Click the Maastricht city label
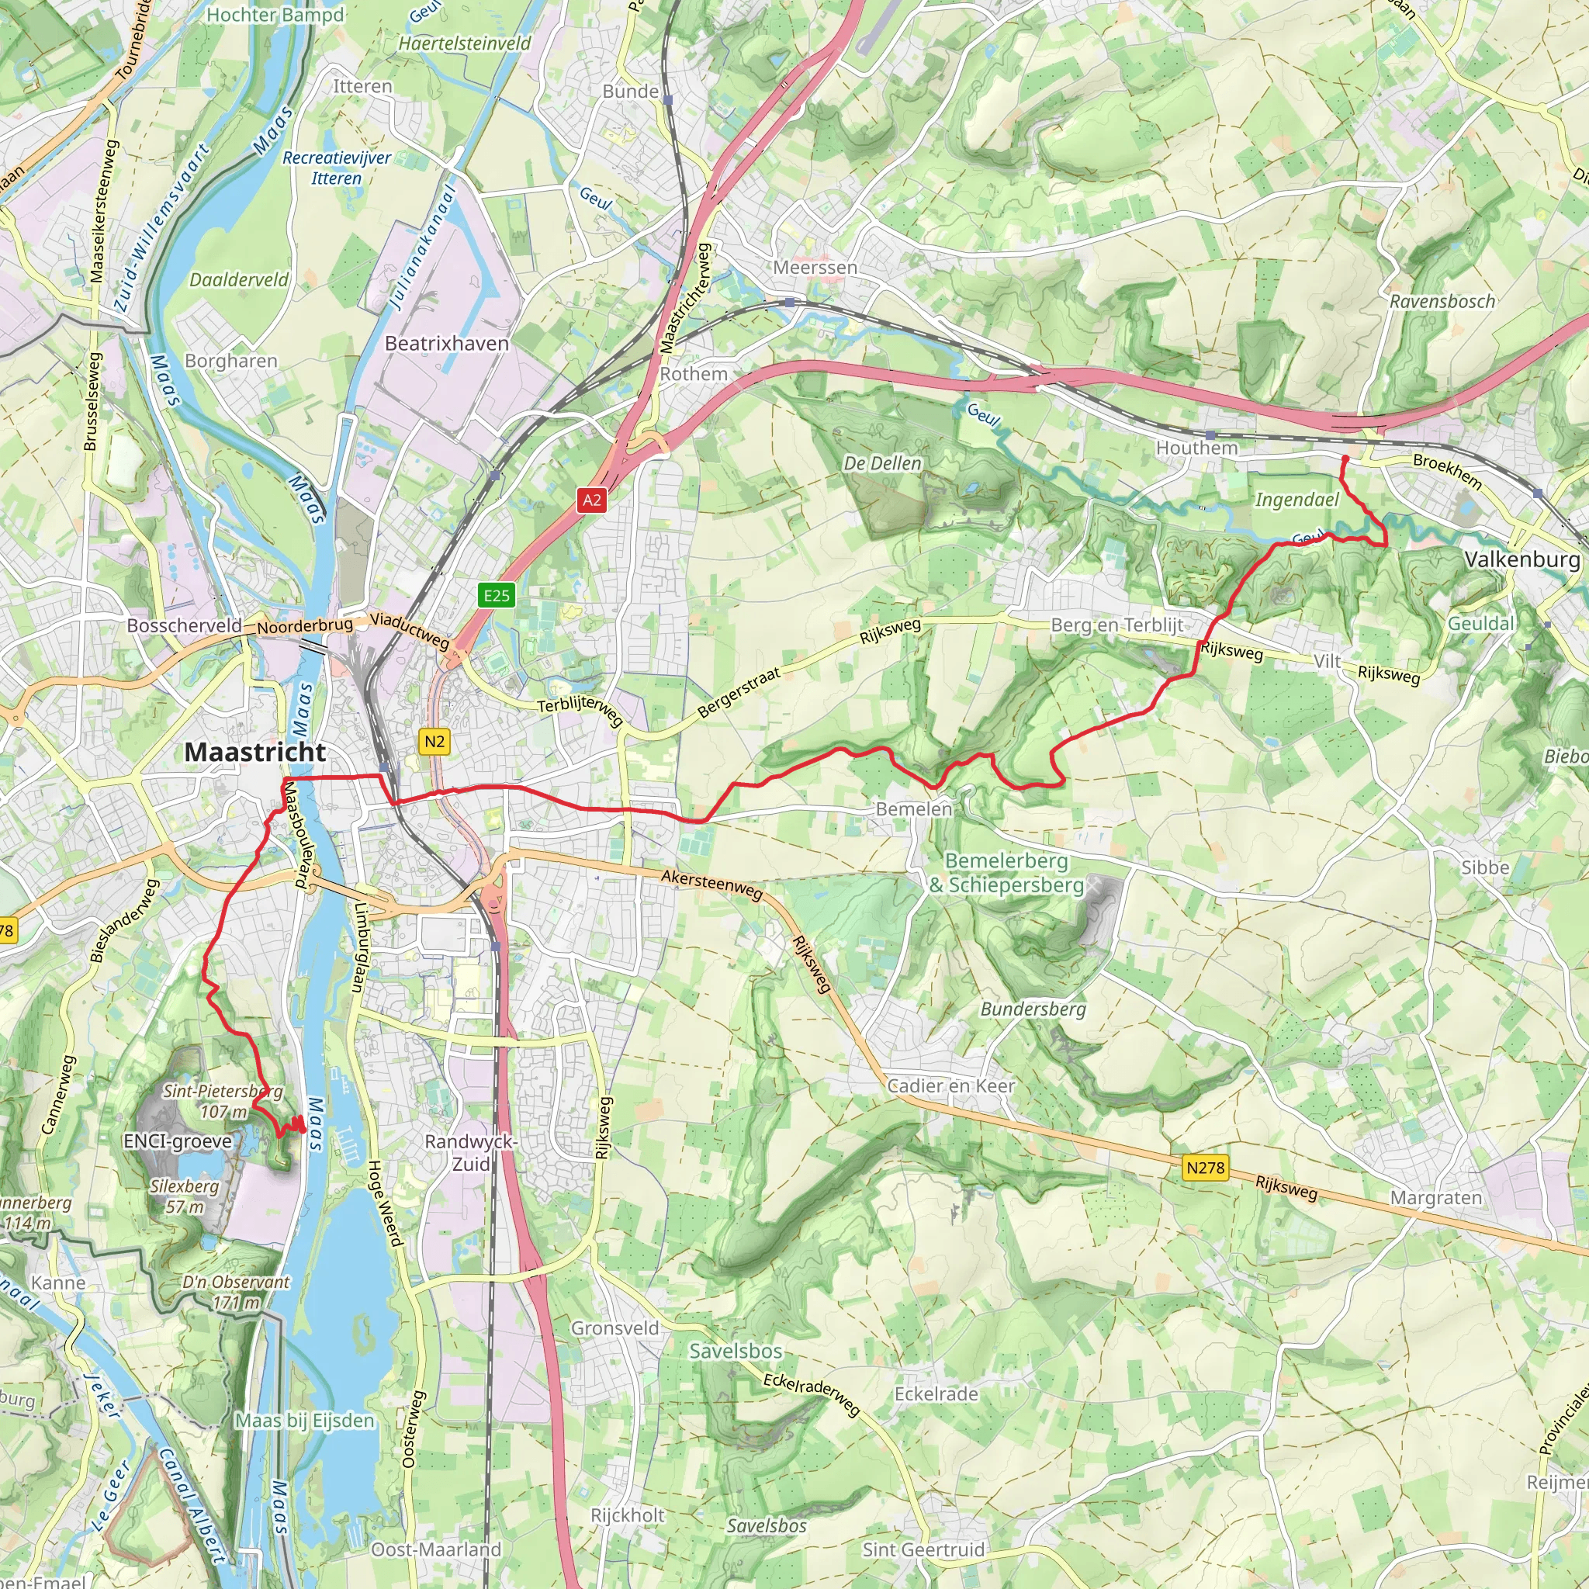(x=255, y=751)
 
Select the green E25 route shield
(x=496, y=594)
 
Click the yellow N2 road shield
(x=434, y=741)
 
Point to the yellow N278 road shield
(x=1205, y=1167)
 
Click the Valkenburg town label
(x=1521, y=559)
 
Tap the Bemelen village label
(x=913, y=808)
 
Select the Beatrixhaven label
(x=447, y=343)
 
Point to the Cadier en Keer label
(x=950, y=1085)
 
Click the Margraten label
(x=1436, y=1197)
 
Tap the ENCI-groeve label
(x=178, y=1141)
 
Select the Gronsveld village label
(x=615, y=1328)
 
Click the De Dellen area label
(x=882, y=463)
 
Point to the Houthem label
(x=1196, y=448)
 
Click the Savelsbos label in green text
(x=736, y=1351)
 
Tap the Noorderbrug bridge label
(x=305, y=625)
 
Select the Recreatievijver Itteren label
(x=337, y=168)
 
